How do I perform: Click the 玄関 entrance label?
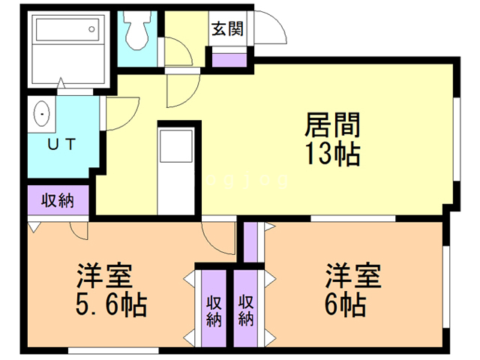(x=227, y=29)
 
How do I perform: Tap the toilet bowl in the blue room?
(x=137, y=30)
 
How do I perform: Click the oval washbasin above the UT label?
(x=42, y=113)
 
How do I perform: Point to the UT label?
(x=61, y=144)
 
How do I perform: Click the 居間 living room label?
(x=333, y=125)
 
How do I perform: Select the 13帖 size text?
(x=333, y=153)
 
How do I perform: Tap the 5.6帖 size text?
(x=112, y=304)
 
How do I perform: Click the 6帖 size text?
(x=346, y=304)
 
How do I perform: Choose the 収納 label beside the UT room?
(x=58, y=201)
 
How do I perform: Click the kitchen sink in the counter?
(x=176, y=146)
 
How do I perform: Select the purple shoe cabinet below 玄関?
(x=229, y=60)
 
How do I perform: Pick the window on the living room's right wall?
(x=457, y=139)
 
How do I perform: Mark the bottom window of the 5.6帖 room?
(x=113, y=350)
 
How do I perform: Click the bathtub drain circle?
(x=91, y=29)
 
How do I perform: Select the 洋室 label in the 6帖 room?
(x=353, y=275)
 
